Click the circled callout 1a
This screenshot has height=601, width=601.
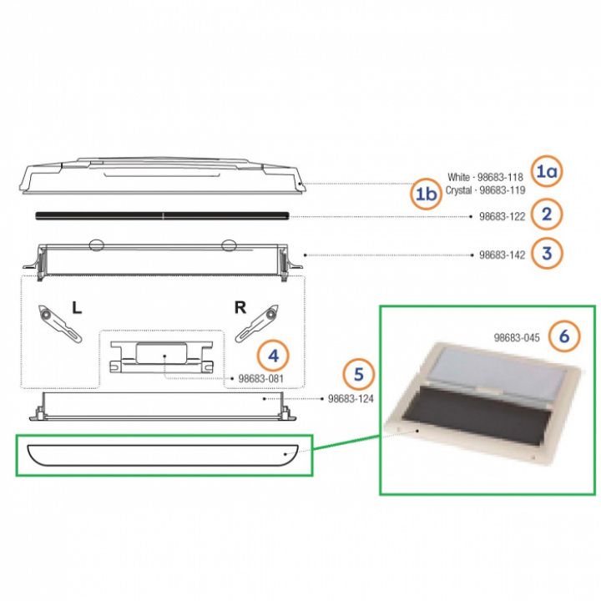tap(547, 171)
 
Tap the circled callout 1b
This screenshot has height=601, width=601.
tap(427, 194)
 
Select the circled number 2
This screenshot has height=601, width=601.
tap(547, 214)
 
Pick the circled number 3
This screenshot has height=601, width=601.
tap(547, 254)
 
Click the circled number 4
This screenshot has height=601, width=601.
tap(273, 356)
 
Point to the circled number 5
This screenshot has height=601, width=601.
tap(358, 374)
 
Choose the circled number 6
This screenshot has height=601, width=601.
tap(564, 336)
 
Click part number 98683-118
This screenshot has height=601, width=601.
tap(500, 178)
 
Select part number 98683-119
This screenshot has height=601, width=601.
tap(503, 190)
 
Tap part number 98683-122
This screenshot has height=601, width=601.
tap(503, 216)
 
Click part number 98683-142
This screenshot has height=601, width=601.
tap(503, 255)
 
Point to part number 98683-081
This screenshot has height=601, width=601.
tap(261, 379)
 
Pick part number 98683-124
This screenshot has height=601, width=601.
tap(351, 399)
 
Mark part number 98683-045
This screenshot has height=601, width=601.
tap(517, 338)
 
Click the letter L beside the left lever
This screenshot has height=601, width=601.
tap(77, 307)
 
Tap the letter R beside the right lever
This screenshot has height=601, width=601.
tap(240, 307)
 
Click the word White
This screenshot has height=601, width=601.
tap(458, 178)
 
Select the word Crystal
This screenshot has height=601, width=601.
tap(458, 190)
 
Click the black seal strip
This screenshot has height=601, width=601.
tap(162, 215)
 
